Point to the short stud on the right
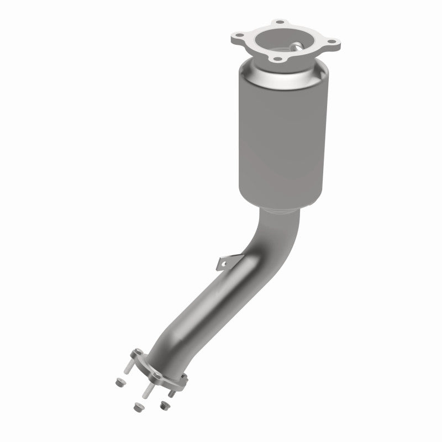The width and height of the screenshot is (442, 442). click(172, 394)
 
